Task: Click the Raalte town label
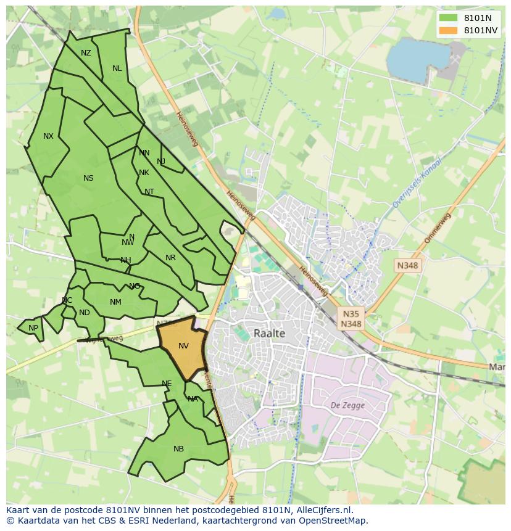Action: coord(269,333)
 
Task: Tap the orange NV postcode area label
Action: coord(183,346)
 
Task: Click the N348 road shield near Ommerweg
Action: coord(408,265)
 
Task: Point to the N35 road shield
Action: coord(351,313)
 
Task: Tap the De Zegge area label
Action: coord(347,405)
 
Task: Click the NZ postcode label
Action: coord(86,53)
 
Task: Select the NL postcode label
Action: coord(117,68)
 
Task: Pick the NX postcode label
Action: coord(48,136)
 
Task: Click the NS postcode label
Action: coord(88,178)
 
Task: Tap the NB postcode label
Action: coord(178,449)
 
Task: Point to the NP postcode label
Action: coord(33,328)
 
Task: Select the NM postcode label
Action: coord(115,302)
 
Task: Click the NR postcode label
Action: coord(170,258)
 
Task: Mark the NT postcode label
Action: coord(149,192)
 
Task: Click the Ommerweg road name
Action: coord(438,228)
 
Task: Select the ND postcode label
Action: coord(85,313)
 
